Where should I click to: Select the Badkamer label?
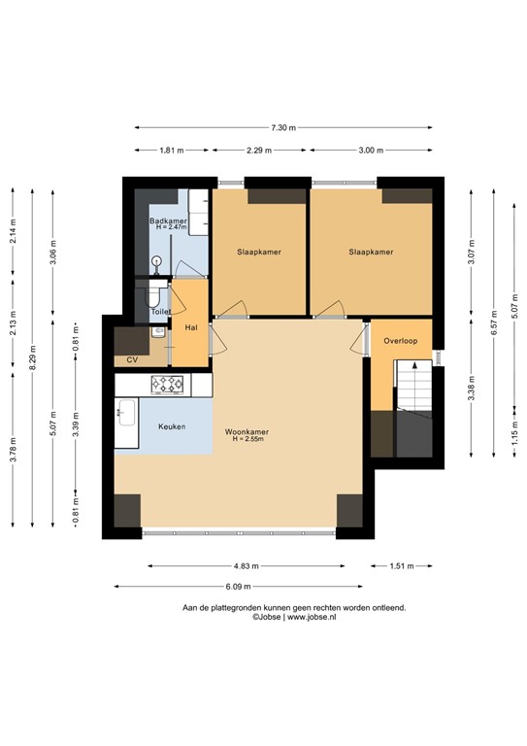[168, 221]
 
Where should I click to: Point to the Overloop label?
[400, 341]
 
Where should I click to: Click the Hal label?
[191, 327]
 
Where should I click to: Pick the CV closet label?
[132, 360]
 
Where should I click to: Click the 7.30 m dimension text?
[283, 127]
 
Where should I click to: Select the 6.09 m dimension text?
[238, 587]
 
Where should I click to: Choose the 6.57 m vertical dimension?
[494, 328]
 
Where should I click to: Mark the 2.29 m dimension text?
[259, 151]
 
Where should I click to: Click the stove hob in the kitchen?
[167, 386]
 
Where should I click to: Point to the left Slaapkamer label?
[259, 253]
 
